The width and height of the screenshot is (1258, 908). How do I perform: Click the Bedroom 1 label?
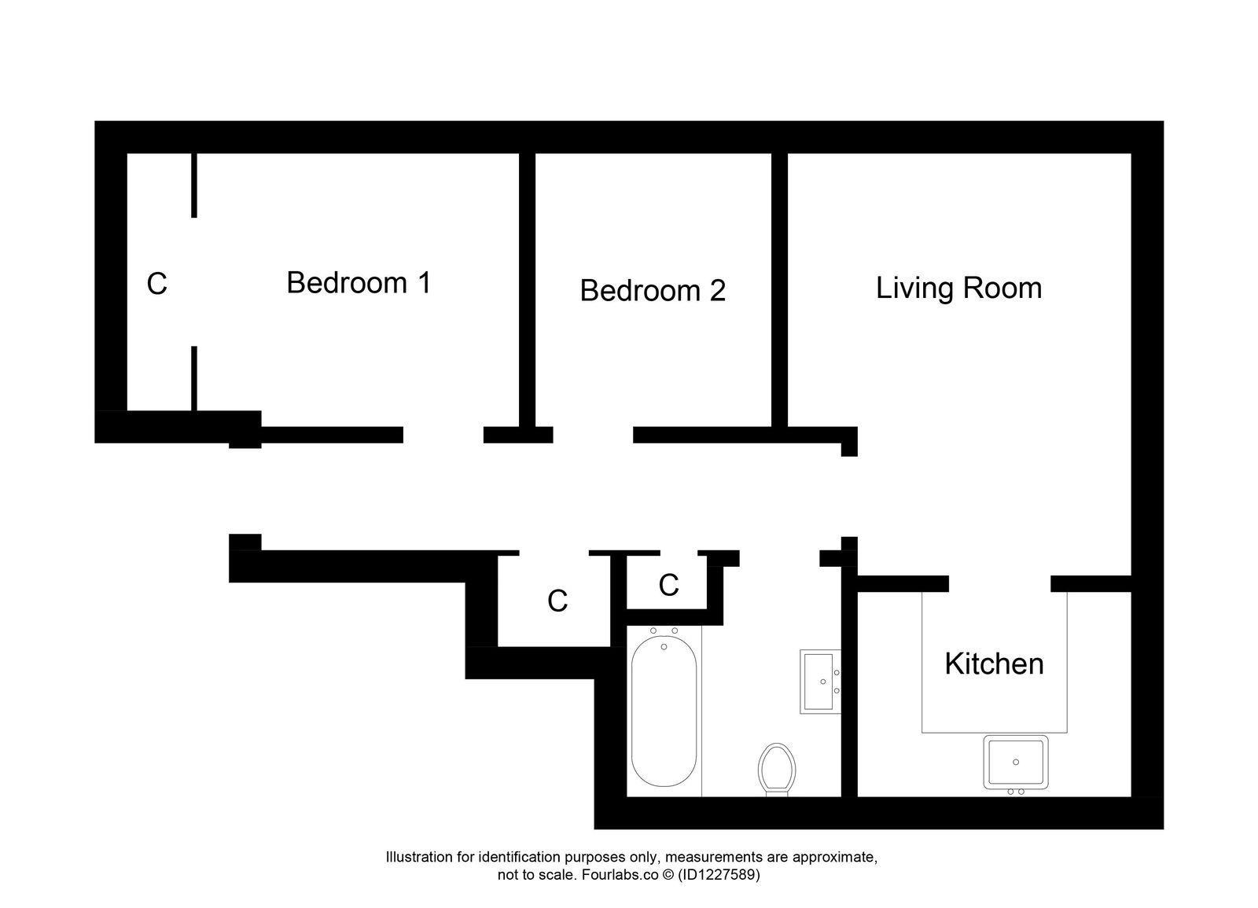point(359,282)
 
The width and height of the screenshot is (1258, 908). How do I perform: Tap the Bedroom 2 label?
point(652,291)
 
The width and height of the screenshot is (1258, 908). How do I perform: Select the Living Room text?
point(958,288)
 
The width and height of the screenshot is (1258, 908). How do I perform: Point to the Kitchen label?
point(994,664)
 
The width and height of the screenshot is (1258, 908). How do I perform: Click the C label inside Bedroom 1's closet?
point(156,284)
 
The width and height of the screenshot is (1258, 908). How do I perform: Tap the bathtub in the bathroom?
point(664,711)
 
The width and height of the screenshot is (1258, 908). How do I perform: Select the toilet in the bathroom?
point(776,768)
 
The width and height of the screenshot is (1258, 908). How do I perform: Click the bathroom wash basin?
point(820,681)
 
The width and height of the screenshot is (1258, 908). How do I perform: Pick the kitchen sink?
point(1016,762)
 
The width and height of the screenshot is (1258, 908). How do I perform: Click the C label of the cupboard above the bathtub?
point(668,585)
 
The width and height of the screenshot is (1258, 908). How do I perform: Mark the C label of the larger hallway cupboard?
point(557,601)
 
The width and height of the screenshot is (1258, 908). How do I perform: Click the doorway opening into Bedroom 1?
point(443,435)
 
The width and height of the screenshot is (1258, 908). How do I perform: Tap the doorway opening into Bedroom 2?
point(593,435)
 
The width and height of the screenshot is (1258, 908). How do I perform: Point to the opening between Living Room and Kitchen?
point(999,583)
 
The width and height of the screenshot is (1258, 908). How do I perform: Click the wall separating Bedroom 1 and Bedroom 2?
point(527,291)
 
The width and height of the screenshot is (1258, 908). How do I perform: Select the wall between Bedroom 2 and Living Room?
point(779,291)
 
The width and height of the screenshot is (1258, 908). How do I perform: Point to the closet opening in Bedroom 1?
point(193,281)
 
